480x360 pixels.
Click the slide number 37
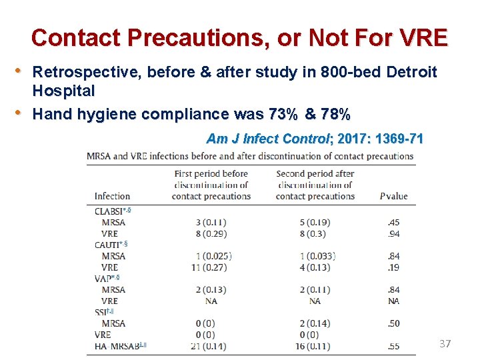coord(445,344)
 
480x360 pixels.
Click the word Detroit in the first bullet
coord(411,72)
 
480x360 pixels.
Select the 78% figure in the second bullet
coord(335,114)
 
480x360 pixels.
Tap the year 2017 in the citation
coord(354,139)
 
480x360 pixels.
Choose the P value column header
coord(393,196)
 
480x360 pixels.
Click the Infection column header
coord(112,196)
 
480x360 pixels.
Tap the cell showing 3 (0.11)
coord(211,222)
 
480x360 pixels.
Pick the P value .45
coord(394,222)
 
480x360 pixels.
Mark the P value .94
coord(394,233)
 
